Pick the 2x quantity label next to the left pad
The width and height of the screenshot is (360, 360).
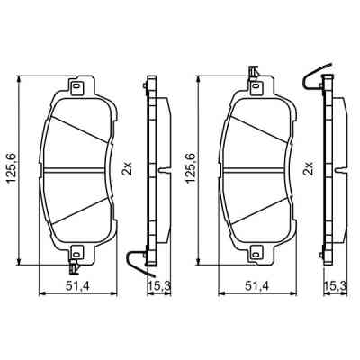127,168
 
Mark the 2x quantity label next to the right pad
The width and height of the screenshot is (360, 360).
308,168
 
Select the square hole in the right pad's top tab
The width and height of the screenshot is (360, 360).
256,87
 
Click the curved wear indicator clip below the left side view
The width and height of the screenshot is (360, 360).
137,263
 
